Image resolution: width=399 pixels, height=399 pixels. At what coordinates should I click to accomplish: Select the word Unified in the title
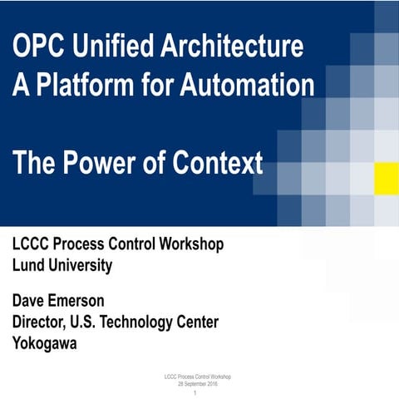click(x=103, y=48)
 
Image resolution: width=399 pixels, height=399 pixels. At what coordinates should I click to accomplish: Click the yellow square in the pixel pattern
click(x=386, y=176)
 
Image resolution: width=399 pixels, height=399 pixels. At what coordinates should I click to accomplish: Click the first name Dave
click(x=32, y=300)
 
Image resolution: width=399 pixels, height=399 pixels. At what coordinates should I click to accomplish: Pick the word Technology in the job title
click(x=154, y=322)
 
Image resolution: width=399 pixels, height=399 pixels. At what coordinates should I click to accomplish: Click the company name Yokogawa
click(x=45, y=343)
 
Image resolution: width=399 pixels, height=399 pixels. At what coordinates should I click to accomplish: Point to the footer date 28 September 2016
click(x=199, y=385)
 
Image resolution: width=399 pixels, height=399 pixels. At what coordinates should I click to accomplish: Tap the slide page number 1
click(x=199, y=393)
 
